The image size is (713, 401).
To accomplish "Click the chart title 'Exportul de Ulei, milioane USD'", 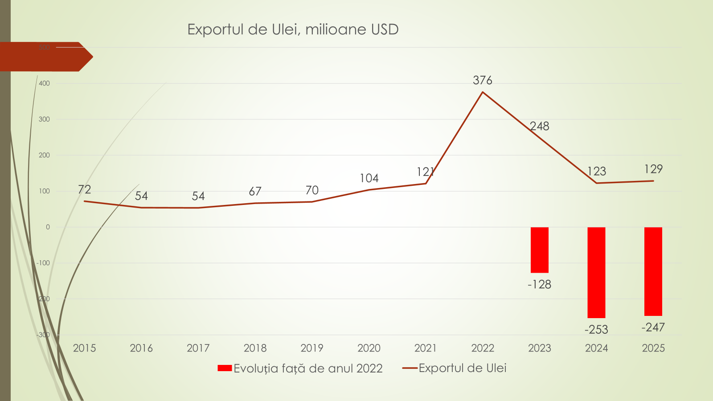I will click(x=293, y=29).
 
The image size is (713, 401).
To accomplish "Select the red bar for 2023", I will click(x=539, y=250).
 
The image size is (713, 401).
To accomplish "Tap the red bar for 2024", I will click(x=596, y=272).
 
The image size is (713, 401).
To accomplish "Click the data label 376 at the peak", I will click(x=483, y=80).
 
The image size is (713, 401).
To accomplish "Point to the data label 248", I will click(x=540, y=126).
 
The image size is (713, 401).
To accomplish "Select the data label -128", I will click(x=539, y=284).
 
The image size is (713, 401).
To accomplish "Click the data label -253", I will click(x=596, y=330).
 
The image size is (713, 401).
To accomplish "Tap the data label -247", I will click(x=653, y=327).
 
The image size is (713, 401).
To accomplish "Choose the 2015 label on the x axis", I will click(x=84, y=348).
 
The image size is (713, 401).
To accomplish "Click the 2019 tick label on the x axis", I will click(x=312, y=348).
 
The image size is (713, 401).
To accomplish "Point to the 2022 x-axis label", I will click(x=483, y=348).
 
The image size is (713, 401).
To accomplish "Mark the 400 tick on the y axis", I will click(x=45, y=83).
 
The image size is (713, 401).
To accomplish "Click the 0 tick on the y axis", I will click(x=48, y=227).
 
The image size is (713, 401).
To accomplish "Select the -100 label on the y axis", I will click(x=43, y=263).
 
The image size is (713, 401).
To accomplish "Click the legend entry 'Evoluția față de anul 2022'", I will click(x=307, y=368).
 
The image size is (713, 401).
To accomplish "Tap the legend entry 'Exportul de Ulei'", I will click(x=462, y=368).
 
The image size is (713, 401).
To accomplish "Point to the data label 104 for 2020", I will click(x=369, y=178).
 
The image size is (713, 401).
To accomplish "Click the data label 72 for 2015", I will click(x=84, y=190).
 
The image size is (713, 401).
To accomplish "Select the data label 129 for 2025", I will click(x=653, y=169).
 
